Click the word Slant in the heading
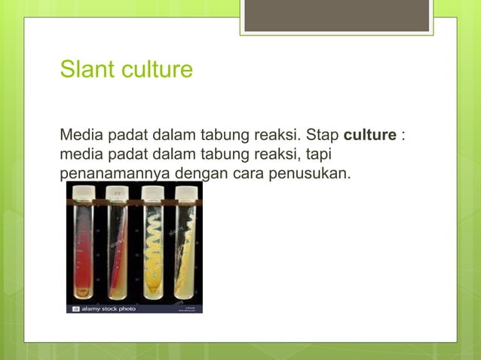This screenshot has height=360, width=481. (x=84, y=70)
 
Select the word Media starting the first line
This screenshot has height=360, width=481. (x=81, y=136)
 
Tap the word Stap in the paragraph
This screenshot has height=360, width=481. (x=323, y=136)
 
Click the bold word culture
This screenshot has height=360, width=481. (x=370, y=136)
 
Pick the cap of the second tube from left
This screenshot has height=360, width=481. (x=118, y=194)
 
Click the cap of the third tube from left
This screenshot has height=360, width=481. (x=152, y=194)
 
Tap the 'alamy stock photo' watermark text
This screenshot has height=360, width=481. (x=109, y=309)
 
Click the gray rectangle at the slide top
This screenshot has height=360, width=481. (x=337, y=16)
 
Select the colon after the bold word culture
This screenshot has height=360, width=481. (x=403, y=137)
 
